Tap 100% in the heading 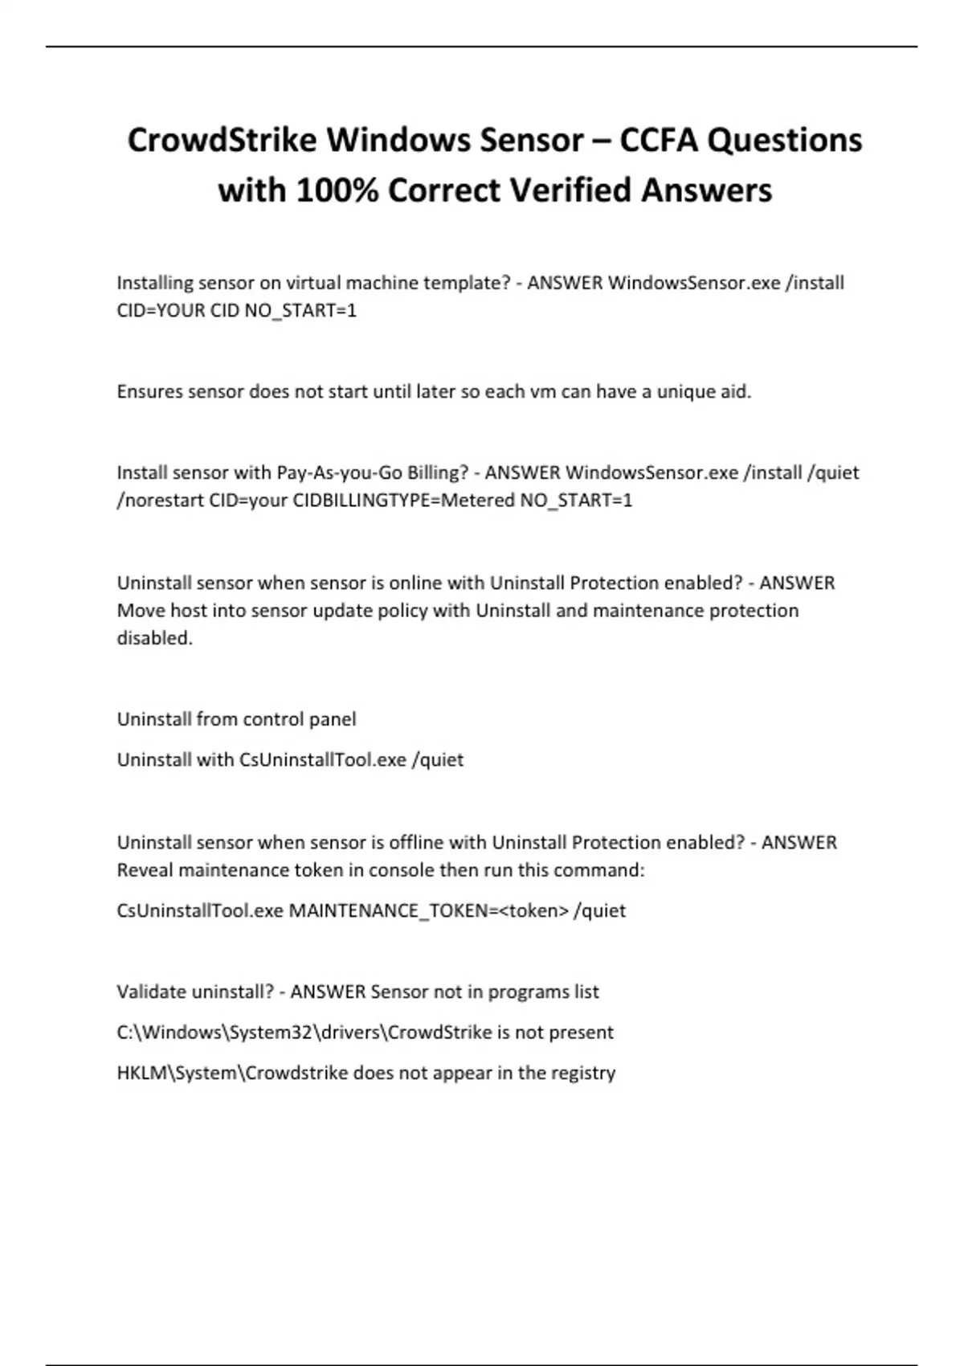[x=338, y=190]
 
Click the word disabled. [x=154, y=638]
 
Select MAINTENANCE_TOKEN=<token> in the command [x=428, y=910]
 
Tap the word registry [x=583, y=1074]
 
